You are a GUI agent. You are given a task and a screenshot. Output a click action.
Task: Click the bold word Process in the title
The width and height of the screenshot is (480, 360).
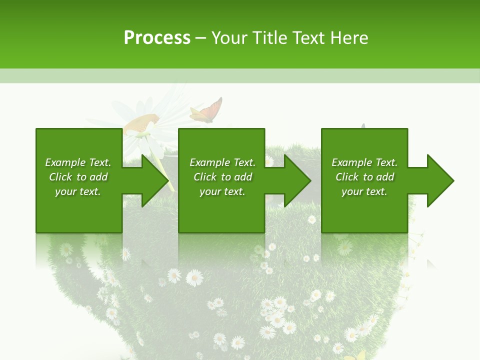pos(157,38)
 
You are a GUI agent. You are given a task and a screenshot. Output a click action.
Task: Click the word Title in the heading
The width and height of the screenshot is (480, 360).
pos(269,38)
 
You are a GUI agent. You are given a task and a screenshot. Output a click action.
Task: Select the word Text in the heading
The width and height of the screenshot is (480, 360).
pos(309,38)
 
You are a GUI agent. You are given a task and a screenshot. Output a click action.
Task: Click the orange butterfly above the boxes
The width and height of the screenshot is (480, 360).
pos(207,111)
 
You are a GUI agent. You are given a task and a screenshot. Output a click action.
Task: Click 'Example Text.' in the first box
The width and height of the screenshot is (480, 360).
pos(78,162)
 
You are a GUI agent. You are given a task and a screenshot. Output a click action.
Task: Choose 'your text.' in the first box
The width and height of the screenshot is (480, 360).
pos(78,191)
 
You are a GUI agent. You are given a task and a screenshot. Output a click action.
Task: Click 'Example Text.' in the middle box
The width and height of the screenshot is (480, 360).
pos(222,162)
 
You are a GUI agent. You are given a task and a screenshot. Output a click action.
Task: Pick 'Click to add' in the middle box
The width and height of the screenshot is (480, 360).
pos(222,177)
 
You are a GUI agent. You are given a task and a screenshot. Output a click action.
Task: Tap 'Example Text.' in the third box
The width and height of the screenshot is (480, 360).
pos(364,162)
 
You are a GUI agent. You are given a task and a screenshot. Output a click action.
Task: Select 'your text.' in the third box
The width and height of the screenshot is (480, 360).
pos(364,191)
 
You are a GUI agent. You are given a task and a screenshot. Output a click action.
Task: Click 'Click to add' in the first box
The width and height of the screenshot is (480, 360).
pos(78,177)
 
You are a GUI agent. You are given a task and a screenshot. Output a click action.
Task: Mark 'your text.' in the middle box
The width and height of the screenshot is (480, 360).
pos(222,191)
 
